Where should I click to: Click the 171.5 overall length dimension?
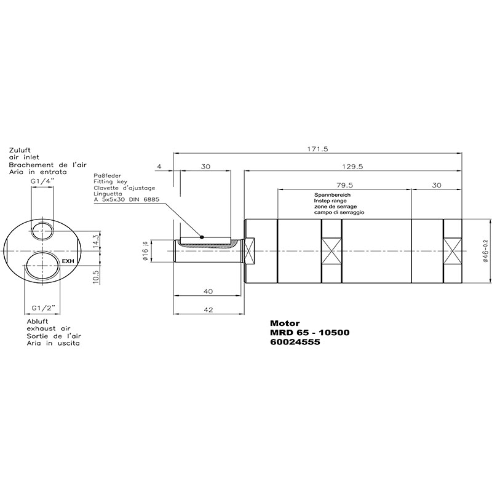coord(317,149)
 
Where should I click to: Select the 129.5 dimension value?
coord(352,167)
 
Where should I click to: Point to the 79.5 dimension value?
coord(344,185)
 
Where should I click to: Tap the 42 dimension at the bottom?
coord(208,310)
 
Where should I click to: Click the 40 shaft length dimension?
coord(208,292)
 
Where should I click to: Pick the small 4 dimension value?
coord(159,166)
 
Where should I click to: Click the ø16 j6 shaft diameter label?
coord(145,251)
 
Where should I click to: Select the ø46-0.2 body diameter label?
coord(485,251)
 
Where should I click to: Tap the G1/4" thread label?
coord(42,181)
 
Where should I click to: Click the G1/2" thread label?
coord(42,308)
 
